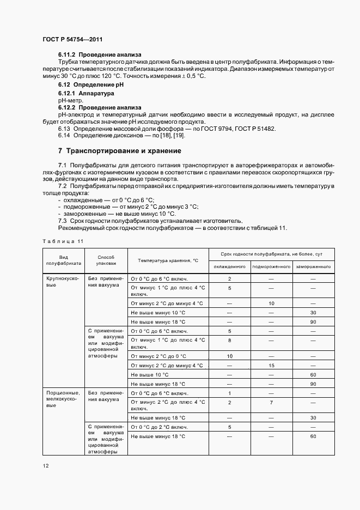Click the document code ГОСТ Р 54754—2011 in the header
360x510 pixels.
[72, 40]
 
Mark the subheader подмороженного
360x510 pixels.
[271, 266]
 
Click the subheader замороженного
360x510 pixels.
[313, 266]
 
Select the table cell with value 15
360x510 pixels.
[271, 366]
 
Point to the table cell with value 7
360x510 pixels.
[271, 402]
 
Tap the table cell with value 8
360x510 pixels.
[229, 340]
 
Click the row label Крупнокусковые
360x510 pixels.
[63, 281]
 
